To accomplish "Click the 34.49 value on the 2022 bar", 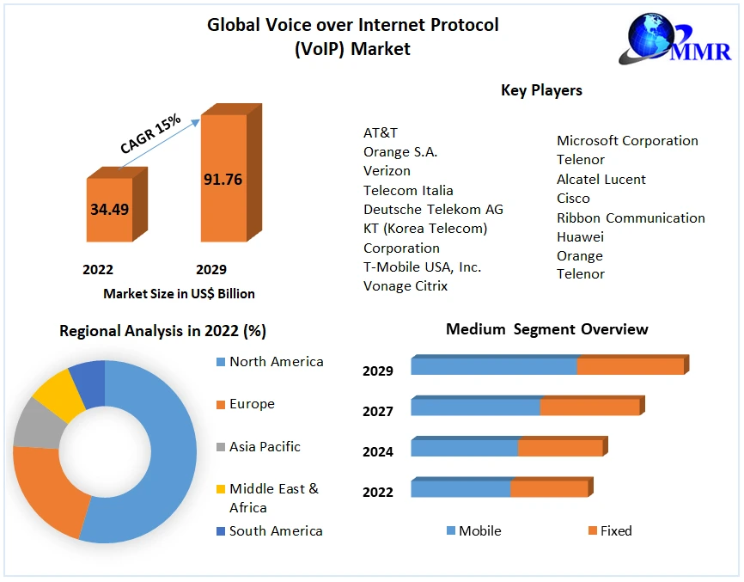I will tap(109, 209).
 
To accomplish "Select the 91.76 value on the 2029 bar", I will tap(223, 180).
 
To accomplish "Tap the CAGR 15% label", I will tap(151, 134).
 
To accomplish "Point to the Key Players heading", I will tap(541, 90).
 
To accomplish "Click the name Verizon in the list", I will tap(387, 171).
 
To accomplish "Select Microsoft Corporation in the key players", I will tap(627, 141).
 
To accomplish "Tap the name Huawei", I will tap(580, 236).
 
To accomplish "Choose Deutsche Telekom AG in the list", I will tap(433, 210).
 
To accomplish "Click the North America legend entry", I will tap(276, 362).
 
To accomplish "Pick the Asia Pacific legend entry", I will tap(265, 447).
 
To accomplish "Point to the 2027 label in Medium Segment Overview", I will tap(378, 412).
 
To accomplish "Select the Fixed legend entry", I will tap(615, 531).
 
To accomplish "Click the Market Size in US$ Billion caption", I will tap(179, 294).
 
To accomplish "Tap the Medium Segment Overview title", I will tap(546, 329).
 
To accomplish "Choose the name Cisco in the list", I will tap(573, 199).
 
